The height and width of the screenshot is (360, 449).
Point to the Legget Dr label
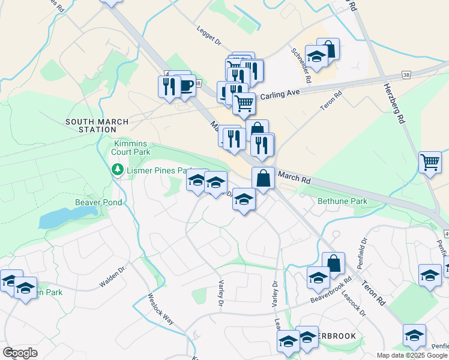[209, 36]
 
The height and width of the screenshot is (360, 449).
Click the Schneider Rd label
[300, 65]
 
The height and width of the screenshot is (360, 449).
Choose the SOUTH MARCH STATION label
[97, 125]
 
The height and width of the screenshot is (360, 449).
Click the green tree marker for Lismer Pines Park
[118, 170]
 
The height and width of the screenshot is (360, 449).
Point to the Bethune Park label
[337, 201]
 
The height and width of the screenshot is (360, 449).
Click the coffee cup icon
[185, 85]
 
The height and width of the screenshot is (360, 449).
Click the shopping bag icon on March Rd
[263, 178]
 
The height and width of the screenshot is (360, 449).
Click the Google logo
[20, 353]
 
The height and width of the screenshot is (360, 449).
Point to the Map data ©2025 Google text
[412, 355]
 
